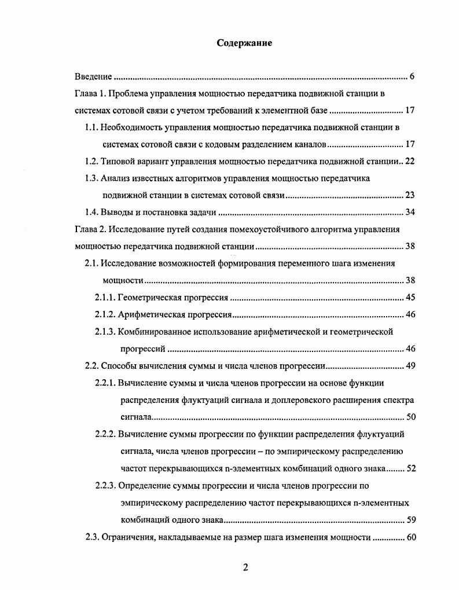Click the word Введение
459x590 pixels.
pos(93,76)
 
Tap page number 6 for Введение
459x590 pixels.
pos(412,76)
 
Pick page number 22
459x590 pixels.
pos(410,161)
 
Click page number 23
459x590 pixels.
pos(410,195)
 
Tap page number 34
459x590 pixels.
pos(410,212)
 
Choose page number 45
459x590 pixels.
pos(410,298)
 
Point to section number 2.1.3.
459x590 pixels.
pos(105,332)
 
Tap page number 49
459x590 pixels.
pos(410,366)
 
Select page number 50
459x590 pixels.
pos(410,417)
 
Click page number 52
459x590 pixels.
pos(410,468)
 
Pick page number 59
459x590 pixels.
pos(410,519)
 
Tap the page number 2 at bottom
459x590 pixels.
pos(245,567)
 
